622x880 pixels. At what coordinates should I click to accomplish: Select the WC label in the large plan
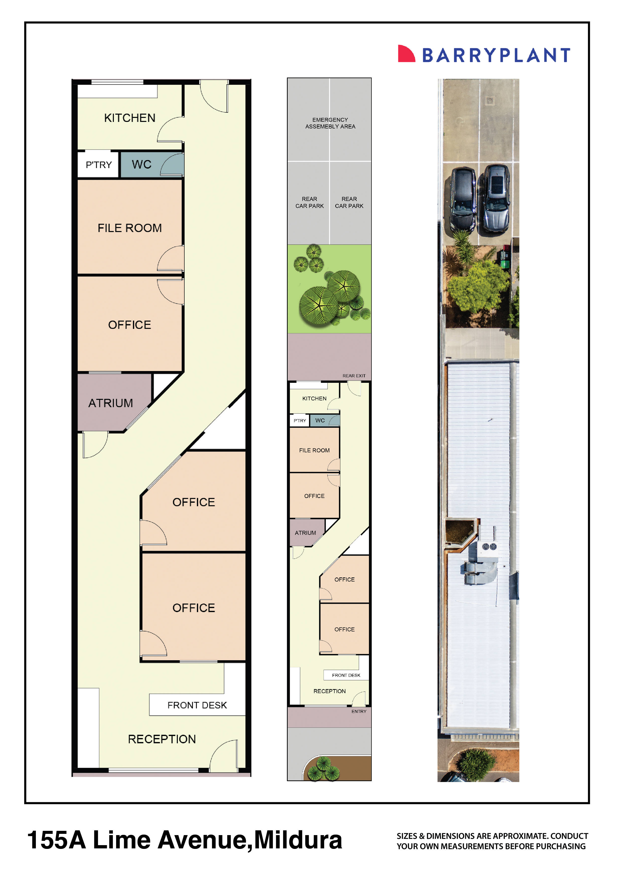pos(141,165)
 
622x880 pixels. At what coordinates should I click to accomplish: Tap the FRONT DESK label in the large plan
pos(197,705)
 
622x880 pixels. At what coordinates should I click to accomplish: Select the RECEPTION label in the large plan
pos(162,739)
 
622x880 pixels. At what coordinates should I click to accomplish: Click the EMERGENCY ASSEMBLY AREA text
pos(330,123)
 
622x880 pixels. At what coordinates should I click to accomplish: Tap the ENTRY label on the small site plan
pos(359,711)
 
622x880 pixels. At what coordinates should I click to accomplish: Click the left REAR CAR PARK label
pos(309,202)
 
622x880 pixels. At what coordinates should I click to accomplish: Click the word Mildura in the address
pos(298,840)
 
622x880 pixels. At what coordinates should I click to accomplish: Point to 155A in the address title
pos(56,840)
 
